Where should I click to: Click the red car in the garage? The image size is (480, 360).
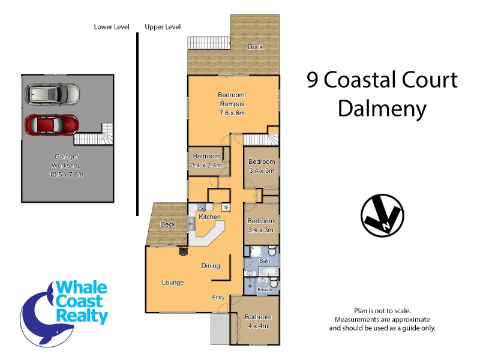tap(52, 124)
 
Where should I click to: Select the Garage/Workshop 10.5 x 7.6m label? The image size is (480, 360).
tap(67, 165)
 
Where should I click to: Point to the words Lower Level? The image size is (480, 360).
tap(112, 27)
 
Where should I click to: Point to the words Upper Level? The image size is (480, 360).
tap(163, 27)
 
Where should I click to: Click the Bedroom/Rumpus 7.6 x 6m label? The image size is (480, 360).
tap(232, 104)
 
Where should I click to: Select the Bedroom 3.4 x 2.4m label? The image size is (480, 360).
tap(206, 161)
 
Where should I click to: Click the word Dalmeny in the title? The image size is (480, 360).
tap(382, 109)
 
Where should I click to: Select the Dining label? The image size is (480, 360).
tap(210, 266)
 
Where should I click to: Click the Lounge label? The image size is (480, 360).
tap(173, 283)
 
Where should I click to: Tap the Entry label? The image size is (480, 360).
tap(218, 298)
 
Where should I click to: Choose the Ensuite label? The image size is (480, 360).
tap(265, 290)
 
